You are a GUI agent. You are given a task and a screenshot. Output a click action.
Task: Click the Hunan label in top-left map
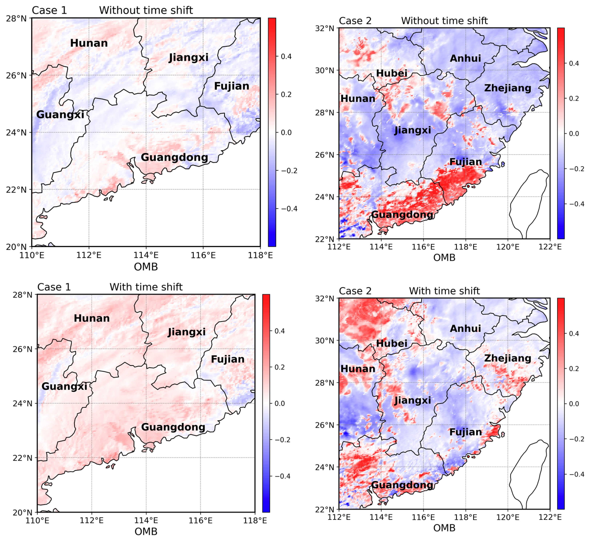[x=89, y=43]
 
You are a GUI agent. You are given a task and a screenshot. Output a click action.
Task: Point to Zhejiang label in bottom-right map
[x=508, y=358]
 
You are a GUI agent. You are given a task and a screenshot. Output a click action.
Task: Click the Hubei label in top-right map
[x=392, y=73]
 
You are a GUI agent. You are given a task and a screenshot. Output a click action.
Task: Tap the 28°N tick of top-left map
[x=16, y=18]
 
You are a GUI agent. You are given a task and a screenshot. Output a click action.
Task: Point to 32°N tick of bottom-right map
[x=325, y=299]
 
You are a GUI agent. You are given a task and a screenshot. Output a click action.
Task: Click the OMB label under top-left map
[x=146, y=267]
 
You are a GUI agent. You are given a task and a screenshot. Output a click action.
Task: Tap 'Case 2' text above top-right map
[x=355, y=21]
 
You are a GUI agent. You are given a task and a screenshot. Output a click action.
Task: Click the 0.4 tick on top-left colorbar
[x=286, y=56]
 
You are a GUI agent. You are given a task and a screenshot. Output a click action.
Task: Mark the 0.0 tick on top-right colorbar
[x=574, y=134]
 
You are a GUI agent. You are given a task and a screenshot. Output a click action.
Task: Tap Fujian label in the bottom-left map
[x=228, y=359]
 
